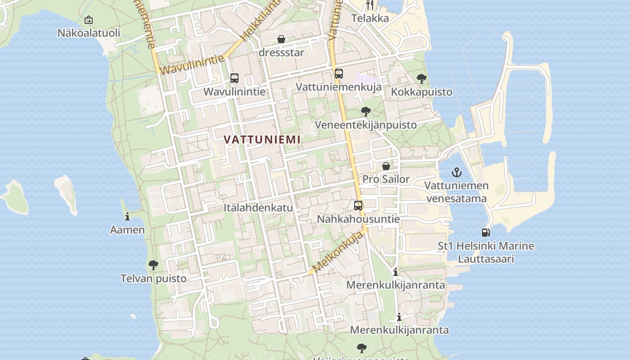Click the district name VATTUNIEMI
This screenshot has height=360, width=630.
coord(262,139)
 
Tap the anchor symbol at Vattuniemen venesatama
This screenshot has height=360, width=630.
coord(457,172)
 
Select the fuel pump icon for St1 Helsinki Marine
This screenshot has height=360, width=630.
coord(486,233)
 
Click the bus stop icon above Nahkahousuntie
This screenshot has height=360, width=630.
coord(358,206)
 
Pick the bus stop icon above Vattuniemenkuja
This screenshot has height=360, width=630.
coord(339,74)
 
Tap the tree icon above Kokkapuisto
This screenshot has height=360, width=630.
coord(422,79)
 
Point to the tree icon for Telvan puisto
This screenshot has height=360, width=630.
coord(153,265)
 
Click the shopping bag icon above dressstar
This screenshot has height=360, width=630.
coord(281,40)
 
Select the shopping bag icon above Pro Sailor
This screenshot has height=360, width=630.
coord(386,166)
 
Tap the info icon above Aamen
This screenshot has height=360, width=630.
coord(127,216)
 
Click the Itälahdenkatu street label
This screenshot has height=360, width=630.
coord(258,208)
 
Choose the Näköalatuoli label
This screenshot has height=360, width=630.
coord(89,33)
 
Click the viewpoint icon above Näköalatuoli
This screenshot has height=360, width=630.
coord(89,20)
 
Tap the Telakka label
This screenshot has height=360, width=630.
coord(370,18)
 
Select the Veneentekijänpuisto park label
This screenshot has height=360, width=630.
coord(365,125)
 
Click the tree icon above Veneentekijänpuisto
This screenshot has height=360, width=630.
coord(366,111)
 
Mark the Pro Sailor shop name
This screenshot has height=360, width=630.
coord(386,179)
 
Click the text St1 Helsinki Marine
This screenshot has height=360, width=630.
coord(486,246)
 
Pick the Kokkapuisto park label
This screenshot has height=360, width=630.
coord(422,92)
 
